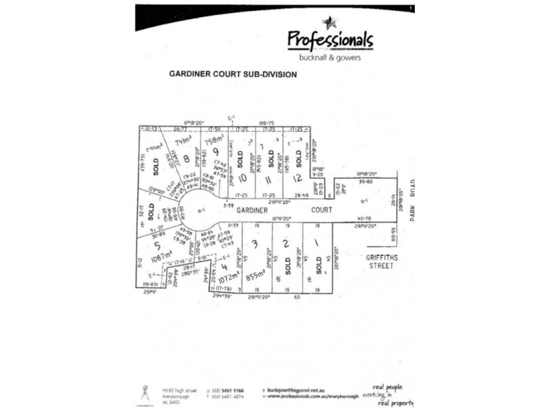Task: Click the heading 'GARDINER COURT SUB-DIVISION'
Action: point(232,75)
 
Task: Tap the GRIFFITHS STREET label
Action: point(384,262)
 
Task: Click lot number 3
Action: point(254,243)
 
